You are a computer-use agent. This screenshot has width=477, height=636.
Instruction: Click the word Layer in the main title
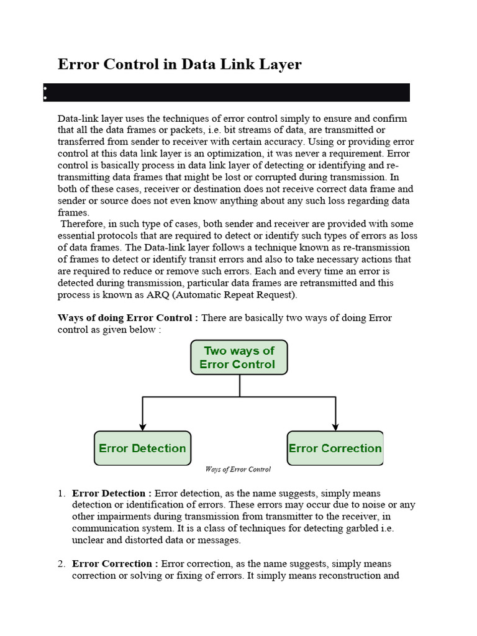pyautogui.click(x=277, y=65)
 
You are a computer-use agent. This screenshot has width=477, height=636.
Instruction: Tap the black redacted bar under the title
pyautogui.click(x=227, y=93)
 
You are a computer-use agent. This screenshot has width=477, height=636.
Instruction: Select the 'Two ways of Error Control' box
pyautogui.click(x=239, y=357)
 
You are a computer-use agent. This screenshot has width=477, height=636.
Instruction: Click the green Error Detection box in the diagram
pyautogui.click(x=142, y=448)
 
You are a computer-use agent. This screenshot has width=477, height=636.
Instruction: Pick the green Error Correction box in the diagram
pyautogui.click(x=335, y=448)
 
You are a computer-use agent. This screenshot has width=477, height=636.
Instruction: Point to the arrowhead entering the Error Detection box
pyautogui.click(x=143, y=427)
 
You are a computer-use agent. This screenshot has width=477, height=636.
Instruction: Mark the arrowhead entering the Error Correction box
pyautogui.click(x=335, y=427)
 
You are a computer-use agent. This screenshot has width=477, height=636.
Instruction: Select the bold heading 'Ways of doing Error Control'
pyautogui.click(x=127, y=318)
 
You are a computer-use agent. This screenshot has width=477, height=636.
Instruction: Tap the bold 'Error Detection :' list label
pyautogui.click(x=112, y=493)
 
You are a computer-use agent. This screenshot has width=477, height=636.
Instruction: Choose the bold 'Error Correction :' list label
pyautogui.click(x=116, y=563)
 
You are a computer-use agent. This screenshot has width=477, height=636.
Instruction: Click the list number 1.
pyautogui.click(x=61, y=493)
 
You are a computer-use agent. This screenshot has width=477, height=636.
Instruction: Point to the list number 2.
pyautogui.click(x=61, y=563)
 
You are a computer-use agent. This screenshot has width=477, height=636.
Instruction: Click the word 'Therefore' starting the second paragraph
pyautogui.click(x=81, y=224)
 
